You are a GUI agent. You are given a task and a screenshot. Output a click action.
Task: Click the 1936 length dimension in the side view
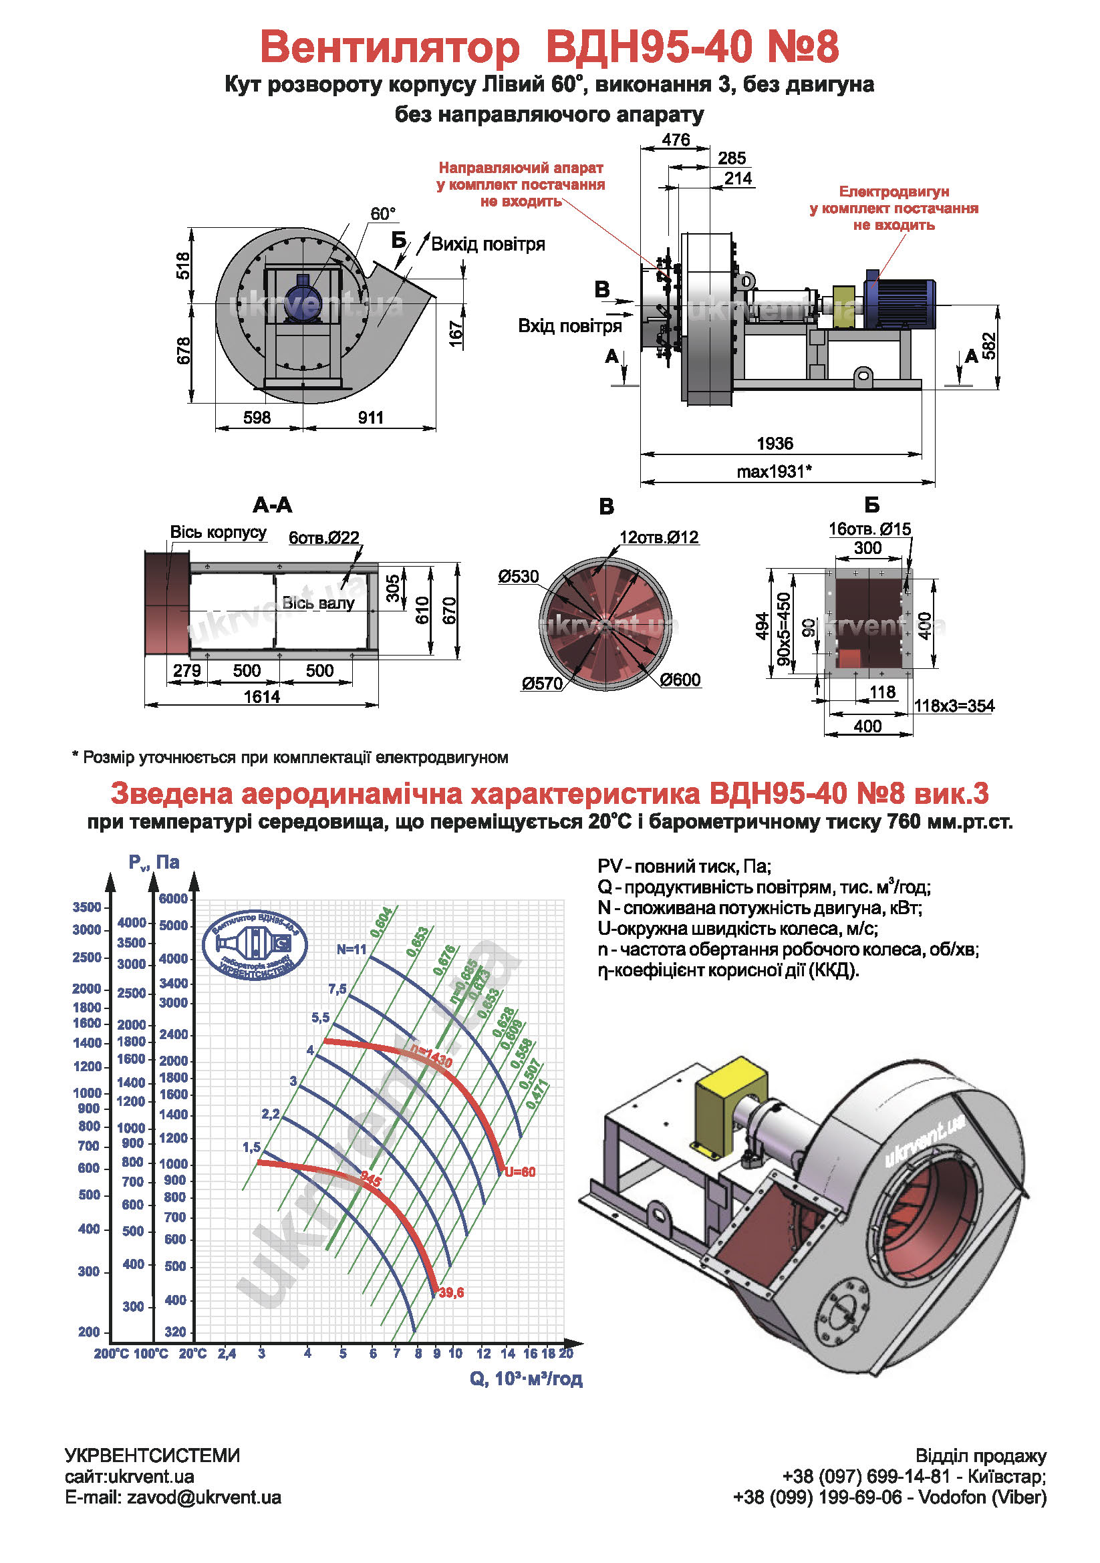[x=775, y=444]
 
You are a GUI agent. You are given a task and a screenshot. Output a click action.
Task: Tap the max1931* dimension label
[x=774, y=472]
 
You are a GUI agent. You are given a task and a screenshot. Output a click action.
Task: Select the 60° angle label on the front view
[x=382, y=214]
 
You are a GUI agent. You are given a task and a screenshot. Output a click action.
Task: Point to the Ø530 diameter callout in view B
[x=518, y=577]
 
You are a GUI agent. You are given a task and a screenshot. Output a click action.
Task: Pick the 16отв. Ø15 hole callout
[x=869, y=529]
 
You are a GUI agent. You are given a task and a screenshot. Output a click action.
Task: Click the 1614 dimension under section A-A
[x=261, y=696]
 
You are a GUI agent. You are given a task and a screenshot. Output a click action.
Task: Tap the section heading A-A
[x=271, y=505]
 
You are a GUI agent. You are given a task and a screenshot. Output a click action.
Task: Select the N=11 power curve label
[x=352, y=949]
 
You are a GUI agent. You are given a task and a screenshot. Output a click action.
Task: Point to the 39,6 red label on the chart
[x=451, y=1292]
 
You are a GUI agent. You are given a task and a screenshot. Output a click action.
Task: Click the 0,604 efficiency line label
[x=381, y=921]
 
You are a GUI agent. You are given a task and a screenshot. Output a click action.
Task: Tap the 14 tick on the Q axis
[x=508, y=1353]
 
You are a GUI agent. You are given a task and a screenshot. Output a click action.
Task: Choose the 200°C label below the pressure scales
[x=110, y=1353]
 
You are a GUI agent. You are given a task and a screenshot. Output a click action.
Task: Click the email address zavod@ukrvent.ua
[x=204, y=1497]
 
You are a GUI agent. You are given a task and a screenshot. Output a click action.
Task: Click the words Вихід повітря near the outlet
[x=487, y=245]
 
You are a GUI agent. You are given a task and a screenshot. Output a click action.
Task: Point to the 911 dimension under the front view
[x=370, y=418]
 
